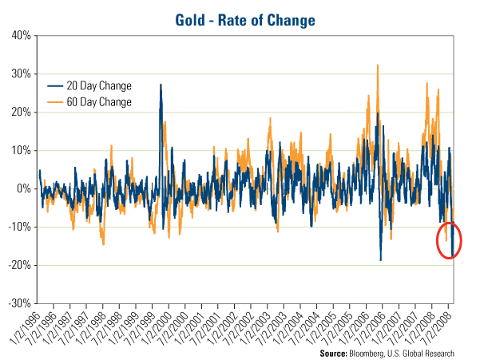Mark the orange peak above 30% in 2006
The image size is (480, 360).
pyautogui.click(x=377, y=66)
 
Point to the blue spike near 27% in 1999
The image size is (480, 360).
pyautogui.click(x=161, y=85)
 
